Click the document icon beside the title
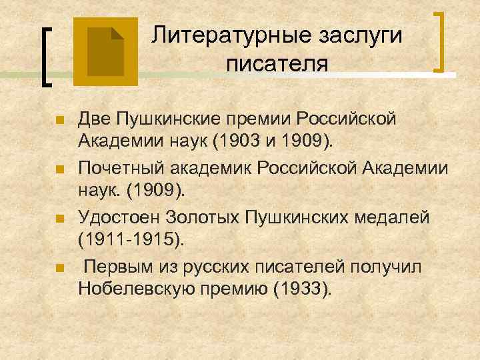tap(105, 52)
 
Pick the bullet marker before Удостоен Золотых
tap(59, 219)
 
